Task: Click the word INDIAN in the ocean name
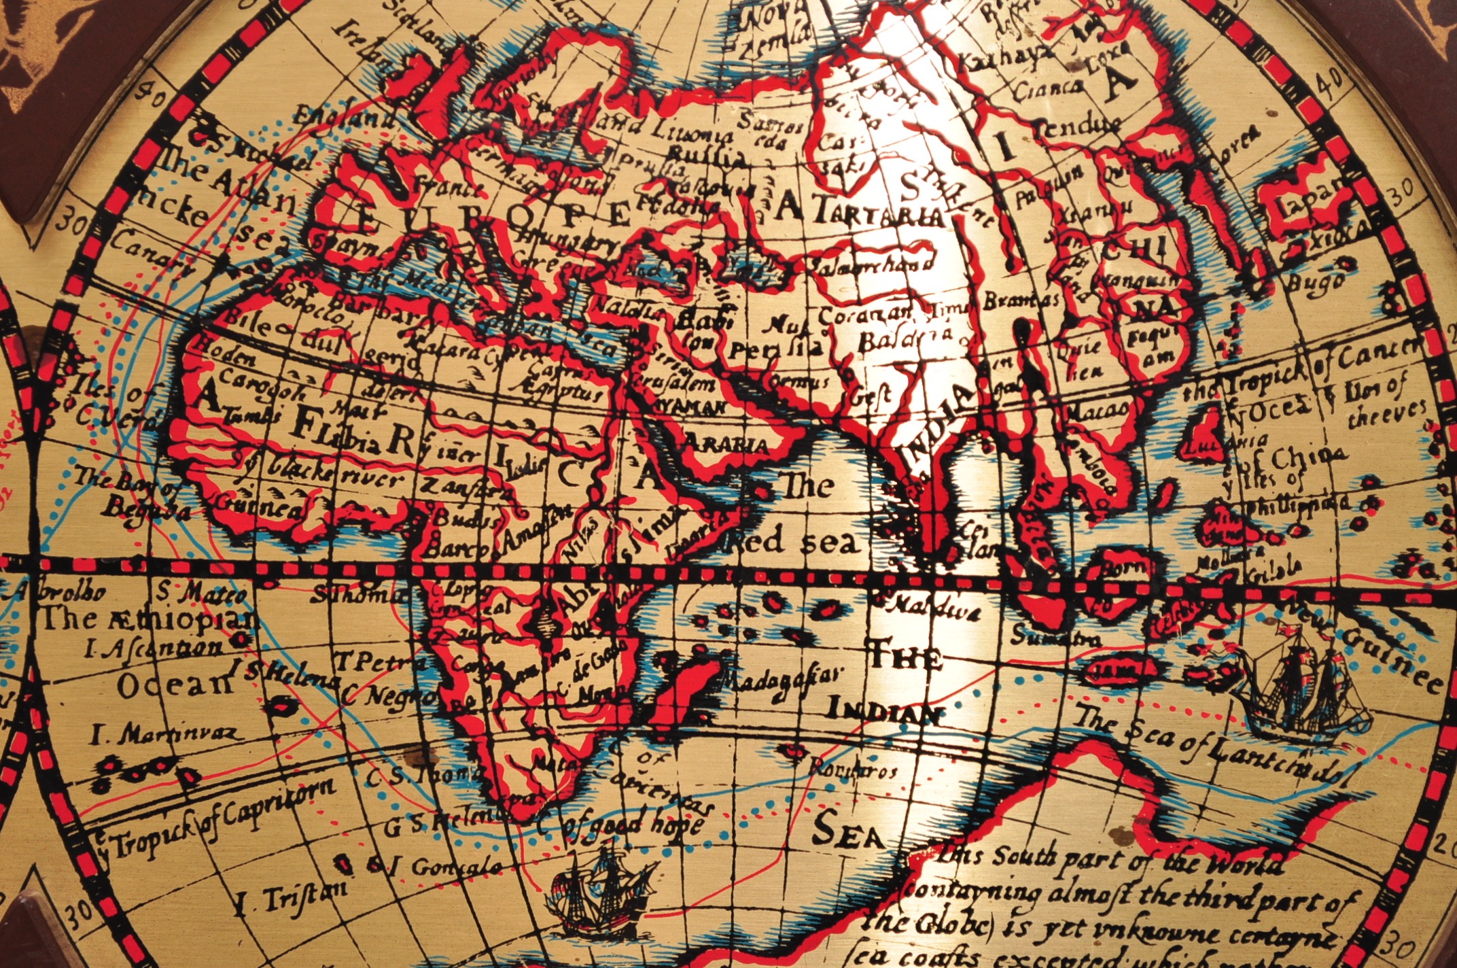click(883, 711)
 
